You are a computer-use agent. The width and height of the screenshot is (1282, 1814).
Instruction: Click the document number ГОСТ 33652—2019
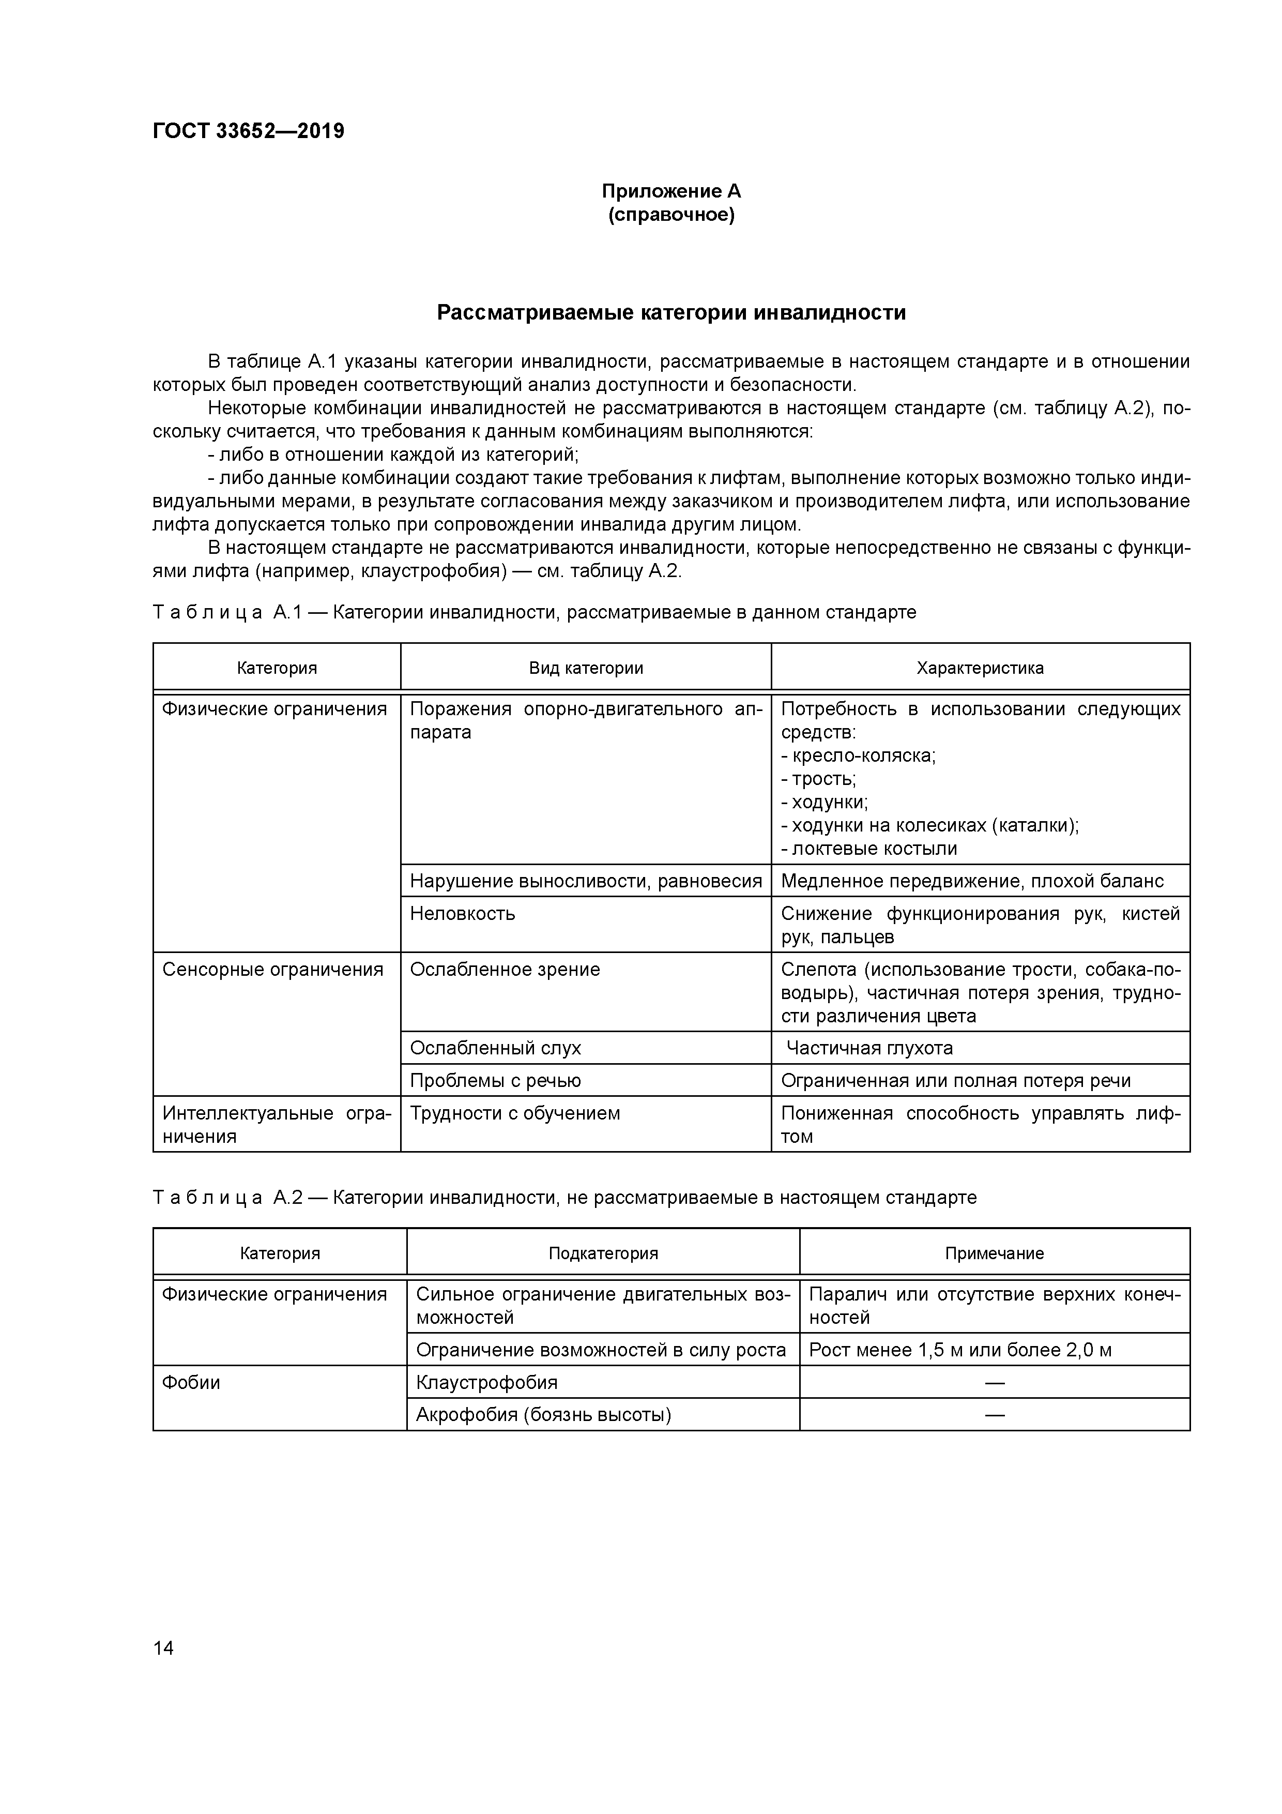(248, 131)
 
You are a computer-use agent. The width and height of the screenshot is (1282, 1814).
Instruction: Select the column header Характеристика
(980, 669)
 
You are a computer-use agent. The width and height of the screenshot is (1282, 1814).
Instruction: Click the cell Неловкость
(462, 914)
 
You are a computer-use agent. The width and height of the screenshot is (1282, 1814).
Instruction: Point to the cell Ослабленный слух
(495, 1048)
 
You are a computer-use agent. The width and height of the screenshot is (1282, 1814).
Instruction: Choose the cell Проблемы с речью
(495, 1081)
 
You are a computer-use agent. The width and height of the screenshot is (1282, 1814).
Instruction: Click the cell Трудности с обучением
(515, 1113)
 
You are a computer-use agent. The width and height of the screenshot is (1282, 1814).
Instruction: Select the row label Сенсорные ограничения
(272, 970)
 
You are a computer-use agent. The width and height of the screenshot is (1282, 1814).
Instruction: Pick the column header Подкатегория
(603, 1254)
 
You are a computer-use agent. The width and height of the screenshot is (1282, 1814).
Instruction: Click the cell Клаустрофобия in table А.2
(486, 1383)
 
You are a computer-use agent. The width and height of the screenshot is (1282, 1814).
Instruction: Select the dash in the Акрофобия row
(995, 1415)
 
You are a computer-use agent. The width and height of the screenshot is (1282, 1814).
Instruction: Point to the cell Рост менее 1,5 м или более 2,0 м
(960, 1350)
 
